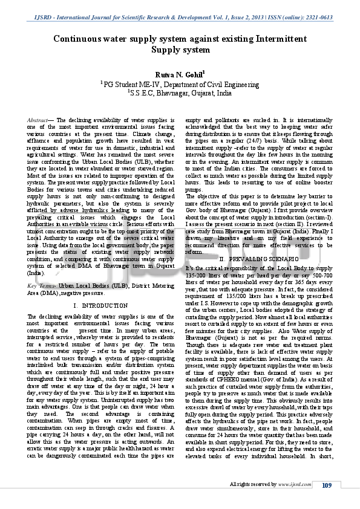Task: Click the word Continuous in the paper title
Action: pyautogui.click(x=79, y=39)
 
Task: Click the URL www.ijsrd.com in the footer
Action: pyautogui.click(x=293, y=485)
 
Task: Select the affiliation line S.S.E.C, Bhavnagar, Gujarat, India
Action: pyautogui.click(x=180, y=94)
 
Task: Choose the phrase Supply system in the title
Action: pyautogui.click(x=180, y=50)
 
